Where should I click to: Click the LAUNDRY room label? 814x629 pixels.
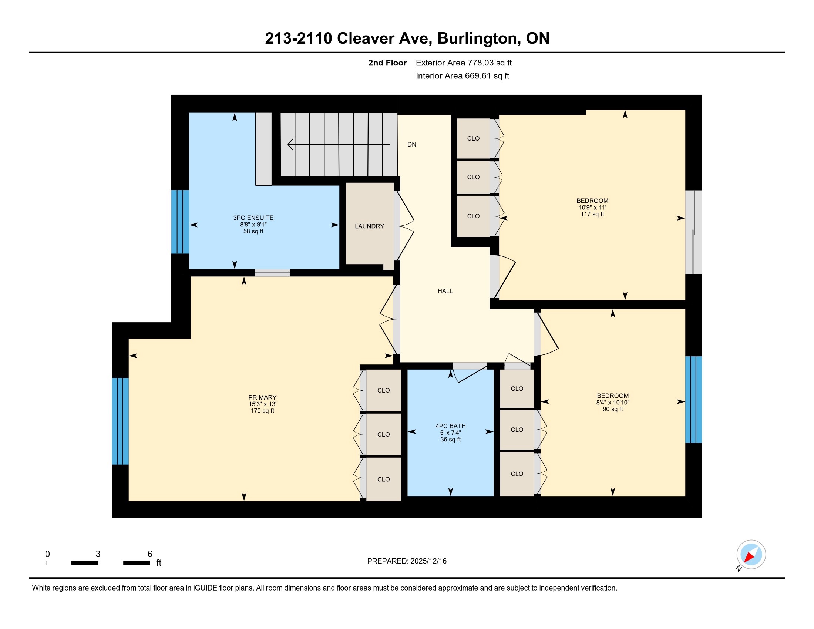[369, 226]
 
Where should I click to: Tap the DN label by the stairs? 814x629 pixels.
[411, 145]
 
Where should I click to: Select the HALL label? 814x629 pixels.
[445, 291]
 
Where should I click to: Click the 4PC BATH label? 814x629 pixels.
[451, 426]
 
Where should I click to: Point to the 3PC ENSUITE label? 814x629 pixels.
[253, 218]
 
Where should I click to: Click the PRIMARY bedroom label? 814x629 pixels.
[262, 397]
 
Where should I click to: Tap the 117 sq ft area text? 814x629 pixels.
[592, 214]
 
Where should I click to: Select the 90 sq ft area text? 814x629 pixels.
[613, 409]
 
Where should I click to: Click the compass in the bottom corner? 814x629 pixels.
[751, 554]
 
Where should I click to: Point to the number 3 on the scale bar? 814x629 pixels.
[98, 554]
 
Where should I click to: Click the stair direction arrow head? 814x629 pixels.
[290, 144]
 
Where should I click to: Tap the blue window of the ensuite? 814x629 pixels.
[180, 222]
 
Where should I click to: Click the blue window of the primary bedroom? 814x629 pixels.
[120, 421]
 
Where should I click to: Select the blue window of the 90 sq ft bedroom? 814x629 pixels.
[694, 400]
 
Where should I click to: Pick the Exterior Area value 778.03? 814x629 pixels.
[480, 63]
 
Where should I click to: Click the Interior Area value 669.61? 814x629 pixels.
[478, 75]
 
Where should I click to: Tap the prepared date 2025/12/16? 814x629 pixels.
[428, 561]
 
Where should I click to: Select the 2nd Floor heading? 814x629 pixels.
[387, 63]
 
